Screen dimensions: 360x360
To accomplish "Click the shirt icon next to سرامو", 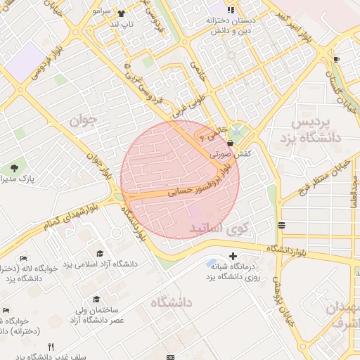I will (x=121, y=13).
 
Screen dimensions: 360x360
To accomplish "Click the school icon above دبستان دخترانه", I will (x=230, y=10).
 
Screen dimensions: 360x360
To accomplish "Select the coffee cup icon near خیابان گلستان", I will (x=336, y=59).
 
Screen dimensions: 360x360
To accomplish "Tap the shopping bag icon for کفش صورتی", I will (x=231, y=143).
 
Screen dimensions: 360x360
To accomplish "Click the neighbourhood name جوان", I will (x=82, y=121).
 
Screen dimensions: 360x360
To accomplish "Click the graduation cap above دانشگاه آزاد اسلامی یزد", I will (x=100, y=252).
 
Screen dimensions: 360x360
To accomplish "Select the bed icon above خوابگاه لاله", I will (x=23, y=258).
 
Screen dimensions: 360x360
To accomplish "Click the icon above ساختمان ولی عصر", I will (x=96, y=300).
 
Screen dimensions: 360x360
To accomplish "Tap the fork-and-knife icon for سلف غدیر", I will (x=51, y=347).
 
